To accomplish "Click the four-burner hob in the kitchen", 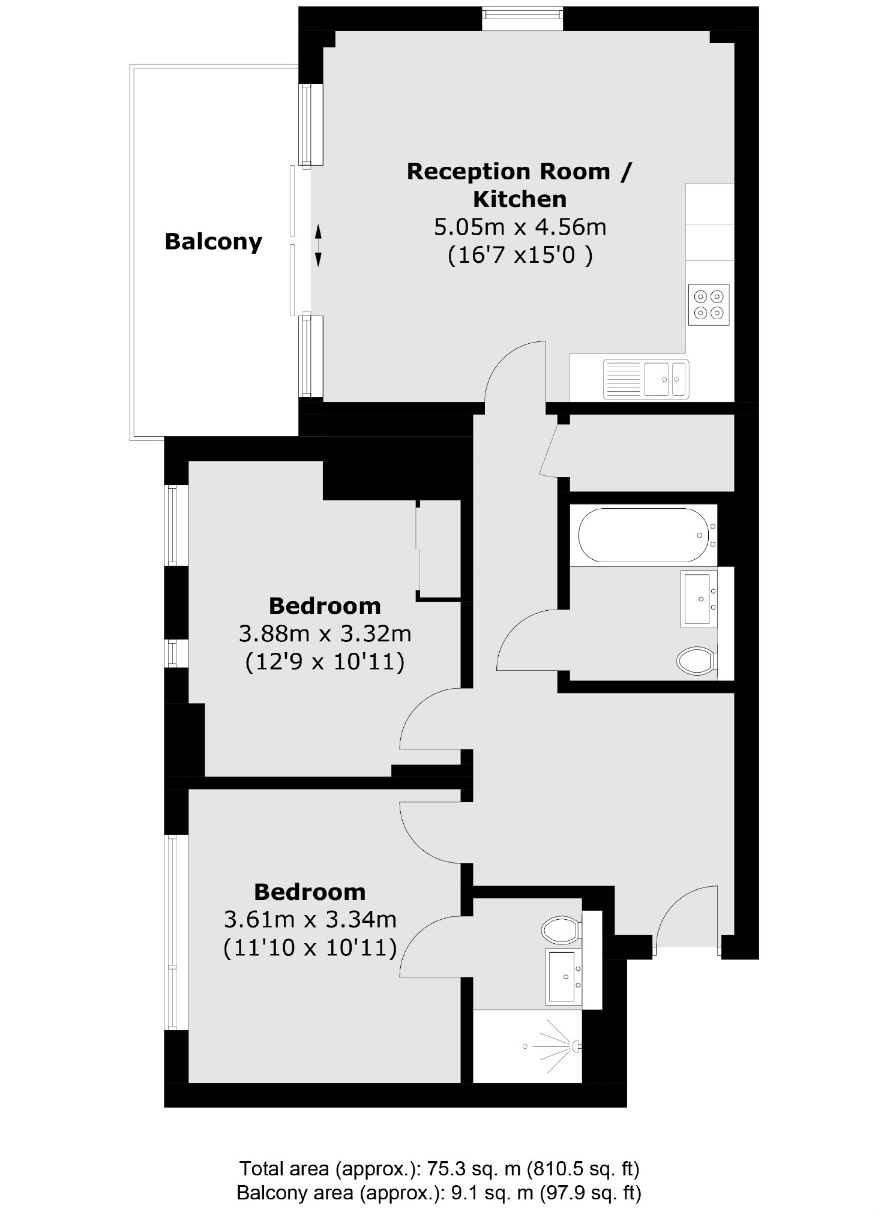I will tap(708, 304).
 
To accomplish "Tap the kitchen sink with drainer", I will tap(646, 379).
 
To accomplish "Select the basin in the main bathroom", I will tap(699, 599).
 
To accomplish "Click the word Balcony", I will tap(213, 242).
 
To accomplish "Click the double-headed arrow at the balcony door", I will tap(318, 245).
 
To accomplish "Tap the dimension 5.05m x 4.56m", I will tap(520, 227).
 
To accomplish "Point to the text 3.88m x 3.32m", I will tap(325, 633).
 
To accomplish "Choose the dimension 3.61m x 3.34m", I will tap(310, 919).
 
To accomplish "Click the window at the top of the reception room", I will tap(522, 19).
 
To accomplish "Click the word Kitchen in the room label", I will tap(520, 199).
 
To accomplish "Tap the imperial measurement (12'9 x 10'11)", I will tap(325, 662).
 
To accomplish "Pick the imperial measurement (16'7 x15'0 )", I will tap(520, 256).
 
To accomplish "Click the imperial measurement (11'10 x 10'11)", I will tap(310, 947).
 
